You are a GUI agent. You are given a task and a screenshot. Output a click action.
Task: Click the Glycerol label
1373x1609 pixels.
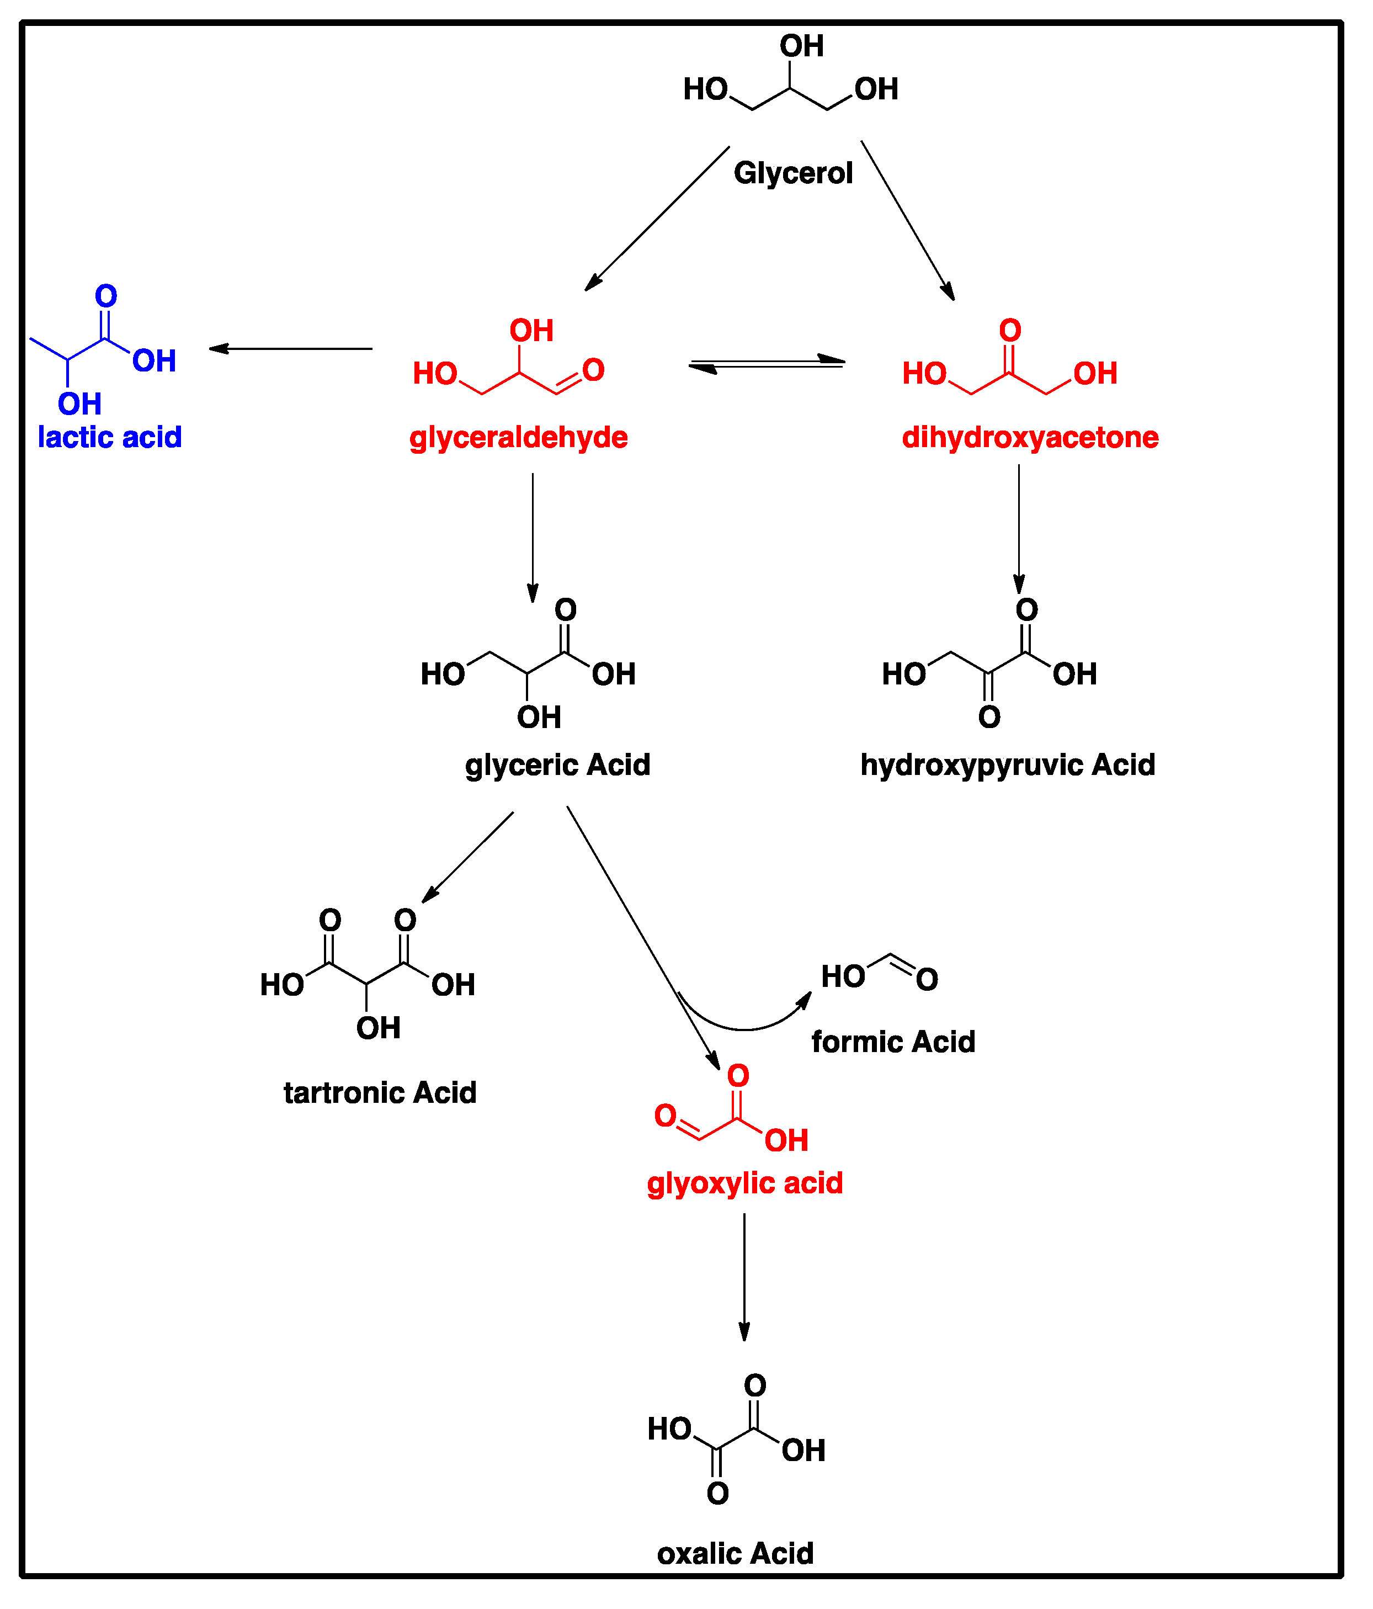(x=793, y=173)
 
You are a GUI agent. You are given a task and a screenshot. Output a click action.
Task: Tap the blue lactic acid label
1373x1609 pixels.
(x=109, y=437)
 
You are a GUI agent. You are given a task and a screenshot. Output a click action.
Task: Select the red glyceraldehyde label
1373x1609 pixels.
(x=518, y=437)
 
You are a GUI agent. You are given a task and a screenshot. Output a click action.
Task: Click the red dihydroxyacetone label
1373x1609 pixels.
(x=1030, y=437)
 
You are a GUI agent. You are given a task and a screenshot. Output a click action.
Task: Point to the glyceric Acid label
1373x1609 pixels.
(x=557, y=765)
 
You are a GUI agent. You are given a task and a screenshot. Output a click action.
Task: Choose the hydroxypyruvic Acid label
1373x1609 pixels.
(x=1007, y=765)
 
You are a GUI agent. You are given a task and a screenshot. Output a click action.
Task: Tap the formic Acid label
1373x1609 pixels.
(x=893, y=1042)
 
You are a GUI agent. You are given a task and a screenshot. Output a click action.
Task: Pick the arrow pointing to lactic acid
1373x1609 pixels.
(x=291, y=349)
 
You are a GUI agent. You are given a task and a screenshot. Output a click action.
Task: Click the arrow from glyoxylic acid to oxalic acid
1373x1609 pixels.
(x=744, y=1277)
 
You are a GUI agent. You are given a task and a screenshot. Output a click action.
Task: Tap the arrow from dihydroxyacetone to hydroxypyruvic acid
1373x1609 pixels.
(x=1019, y=528)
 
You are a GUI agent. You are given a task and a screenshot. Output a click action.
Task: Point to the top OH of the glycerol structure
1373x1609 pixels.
(x=801, y=46)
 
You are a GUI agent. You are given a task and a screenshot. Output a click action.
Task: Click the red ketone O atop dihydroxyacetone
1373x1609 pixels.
(x=1009, y=331)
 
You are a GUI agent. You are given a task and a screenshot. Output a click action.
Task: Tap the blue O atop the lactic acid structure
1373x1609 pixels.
(x=105, y=296)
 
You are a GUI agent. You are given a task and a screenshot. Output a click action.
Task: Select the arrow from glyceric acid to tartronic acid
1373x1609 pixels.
(x=467, y=857)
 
